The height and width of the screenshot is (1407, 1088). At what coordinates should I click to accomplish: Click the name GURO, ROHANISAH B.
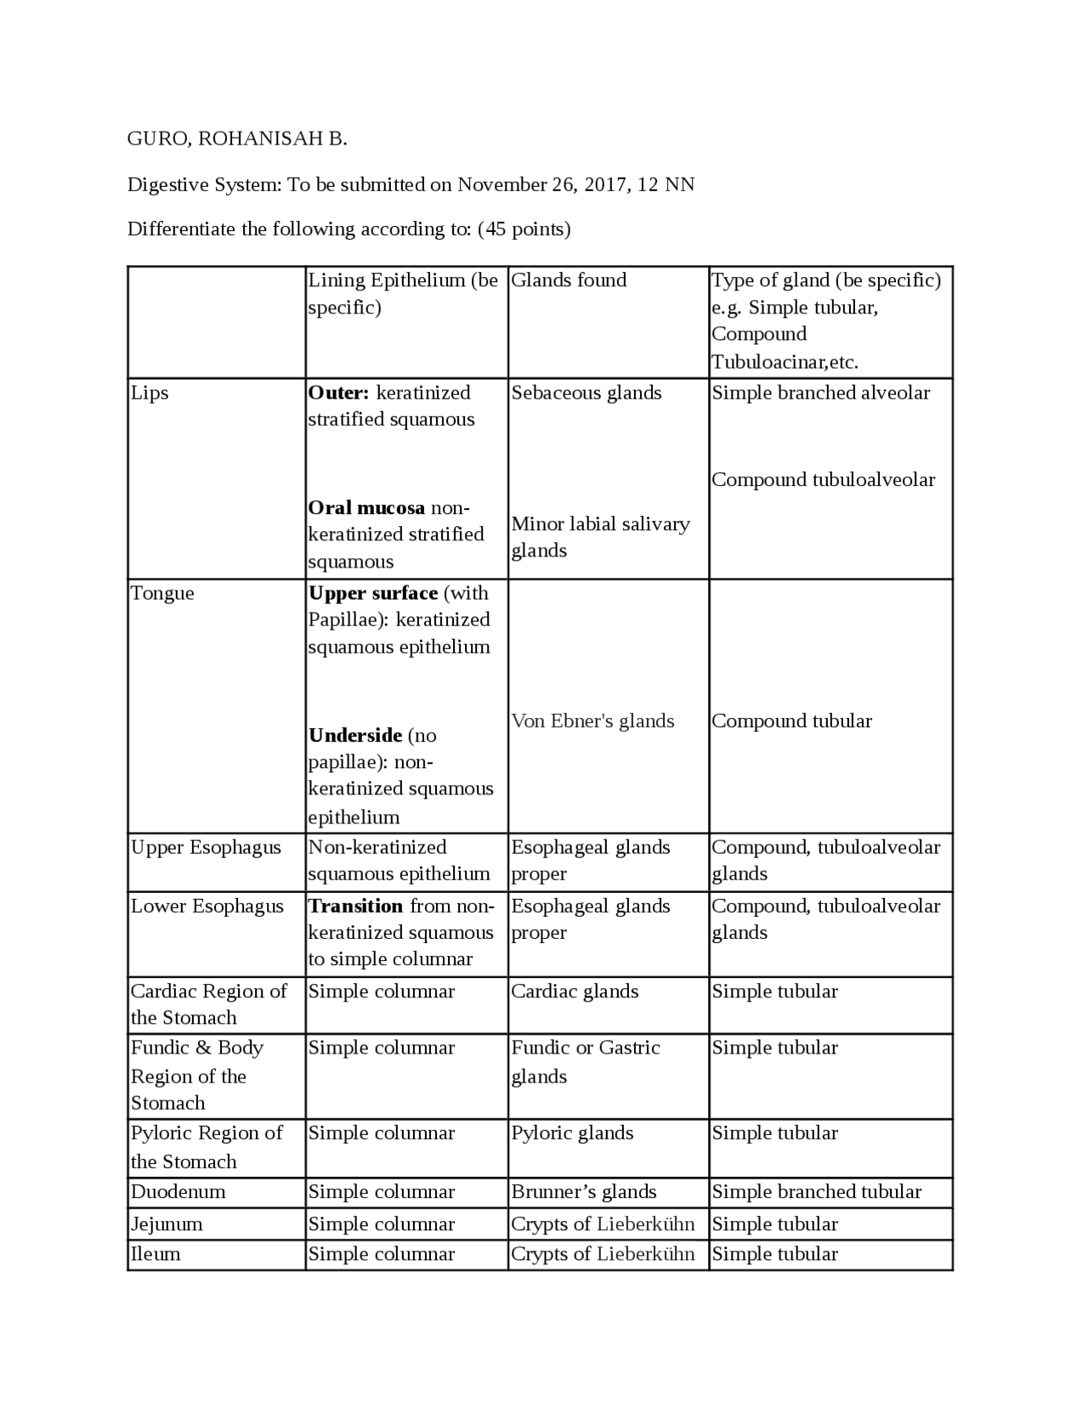(x=237, y=138)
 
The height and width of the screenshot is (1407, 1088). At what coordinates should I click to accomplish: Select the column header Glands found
(x=569, y=280)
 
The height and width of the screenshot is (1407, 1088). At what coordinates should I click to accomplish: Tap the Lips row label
(x=150, y=393)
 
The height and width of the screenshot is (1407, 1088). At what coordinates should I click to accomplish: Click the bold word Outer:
(x=338, y=393)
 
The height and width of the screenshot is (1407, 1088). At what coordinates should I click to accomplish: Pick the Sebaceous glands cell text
(x=586, y=393)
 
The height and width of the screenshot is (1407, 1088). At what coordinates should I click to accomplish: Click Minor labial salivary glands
(x=599, y=537)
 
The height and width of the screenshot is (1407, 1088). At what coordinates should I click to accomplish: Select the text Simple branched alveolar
(x=821, y=393)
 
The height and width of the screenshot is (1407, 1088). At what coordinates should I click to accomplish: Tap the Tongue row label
(x=162, y=593)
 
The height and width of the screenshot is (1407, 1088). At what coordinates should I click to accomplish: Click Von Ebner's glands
(x=592, y=721)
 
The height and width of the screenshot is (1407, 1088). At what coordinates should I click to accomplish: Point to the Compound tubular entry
(x=791, y=721)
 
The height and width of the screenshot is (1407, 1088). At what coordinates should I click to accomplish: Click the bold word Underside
(x=355, y=735)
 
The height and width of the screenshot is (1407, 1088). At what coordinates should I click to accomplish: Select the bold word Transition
(x=355, y=906)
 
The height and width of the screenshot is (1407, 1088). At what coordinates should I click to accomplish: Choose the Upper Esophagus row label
(x=206, y=848)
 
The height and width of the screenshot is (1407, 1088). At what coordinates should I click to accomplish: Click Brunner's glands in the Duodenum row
(x=584, y=1192)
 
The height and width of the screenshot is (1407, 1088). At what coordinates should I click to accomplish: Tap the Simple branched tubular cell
(x=816, y=1192)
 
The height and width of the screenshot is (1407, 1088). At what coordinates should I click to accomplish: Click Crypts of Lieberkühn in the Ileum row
(x=603, y=1254)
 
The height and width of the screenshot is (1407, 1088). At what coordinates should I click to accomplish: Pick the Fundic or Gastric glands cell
(x=585, y=1061)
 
